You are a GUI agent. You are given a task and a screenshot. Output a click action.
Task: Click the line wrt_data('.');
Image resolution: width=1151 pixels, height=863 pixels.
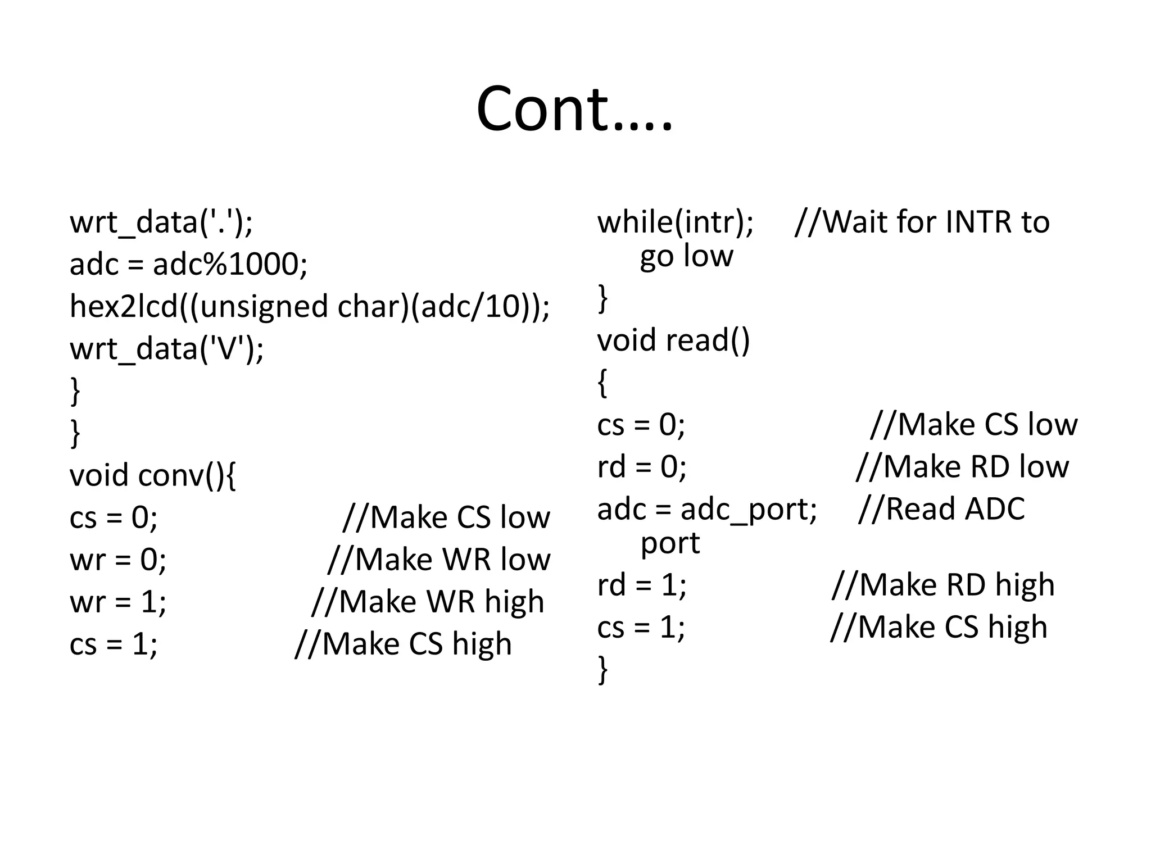pos(161,222)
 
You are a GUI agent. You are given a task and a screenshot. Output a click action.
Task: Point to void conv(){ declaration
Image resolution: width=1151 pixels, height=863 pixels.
pos(152,475)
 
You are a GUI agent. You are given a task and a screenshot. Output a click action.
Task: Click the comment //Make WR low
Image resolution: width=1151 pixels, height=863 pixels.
pos(438,560)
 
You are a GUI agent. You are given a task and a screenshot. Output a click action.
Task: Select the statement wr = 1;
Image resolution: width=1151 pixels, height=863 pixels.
pos(118,602)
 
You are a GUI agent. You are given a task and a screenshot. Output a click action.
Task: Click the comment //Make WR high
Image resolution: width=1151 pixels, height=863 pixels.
pos(428,602)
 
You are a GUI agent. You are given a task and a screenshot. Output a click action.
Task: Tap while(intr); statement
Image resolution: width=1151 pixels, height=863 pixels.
pos(675,222)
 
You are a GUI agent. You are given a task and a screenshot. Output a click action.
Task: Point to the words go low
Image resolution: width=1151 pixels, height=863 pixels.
pos(686,256)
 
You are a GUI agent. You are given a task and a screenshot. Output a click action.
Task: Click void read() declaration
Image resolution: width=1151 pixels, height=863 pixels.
pos(673,340)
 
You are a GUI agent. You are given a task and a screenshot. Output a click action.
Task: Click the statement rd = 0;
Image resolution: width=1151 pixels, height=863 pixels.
pos(641,467)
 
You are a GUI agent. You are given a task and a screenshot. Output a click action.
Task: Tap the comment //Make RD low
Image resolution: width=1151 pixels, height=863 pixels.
pos(962,467)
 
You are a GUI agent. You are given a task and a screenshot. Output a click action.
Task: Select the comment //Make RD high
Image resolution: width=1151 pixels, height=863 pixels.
pos(942,585)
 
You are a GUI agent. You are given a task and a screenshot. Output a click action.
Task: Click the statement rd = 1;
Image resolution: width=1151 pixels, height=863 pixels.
pos(641,585)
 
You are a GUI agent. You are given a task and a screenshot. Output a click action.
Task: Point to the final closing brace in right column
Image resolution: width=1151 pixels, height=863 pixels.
pos(602,670)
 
